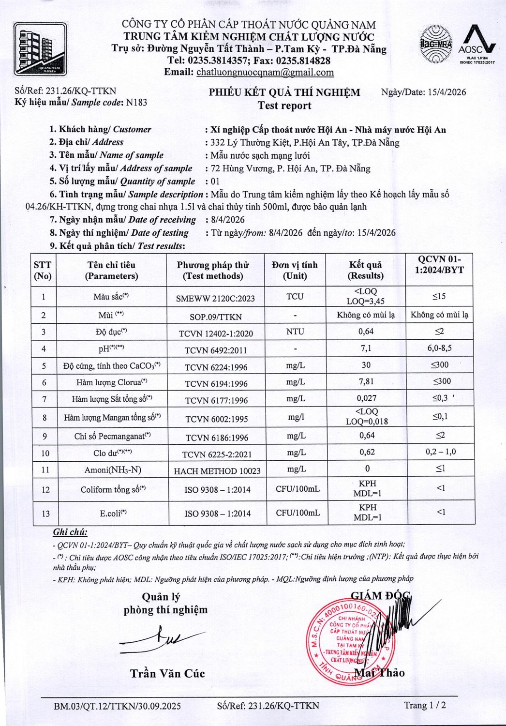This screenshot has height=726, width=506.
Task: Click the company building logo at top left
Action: click(40, 49)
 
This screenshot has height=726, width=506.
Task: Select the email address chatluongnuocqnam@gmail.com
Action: click(265, 73)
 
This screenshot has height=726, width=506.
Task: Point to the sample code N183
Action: click(136, 103)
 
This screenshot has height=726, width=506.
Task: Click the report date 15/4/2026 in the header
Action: click(447, 92)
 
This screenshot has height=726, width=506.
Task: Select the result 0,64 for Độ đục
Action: click(366, 332)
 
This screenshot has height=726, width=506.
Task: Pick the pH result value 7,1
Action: click(366, 348)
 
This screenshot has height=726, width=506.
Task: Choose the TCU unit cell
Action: click(295, 296)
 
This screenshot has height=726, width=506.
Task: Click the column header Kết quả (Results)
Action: click(366, 270)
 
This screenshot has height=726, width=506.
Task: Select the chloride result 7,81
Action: click(366, 381)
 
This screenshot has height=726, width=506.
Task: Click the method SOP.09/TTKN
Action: click(216, 317)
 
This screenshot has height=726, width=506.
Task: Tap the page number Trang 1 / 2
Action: click(425, 705)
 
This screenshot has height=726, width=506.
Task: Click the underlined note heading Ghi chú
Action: click(70, 532)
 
